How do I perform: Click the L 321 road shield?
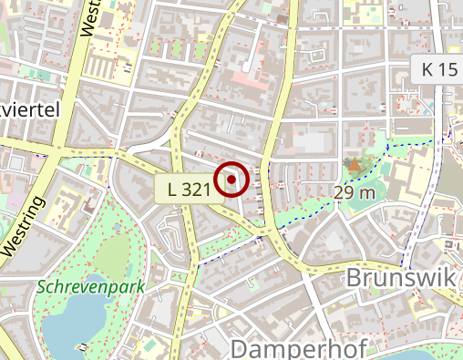190,189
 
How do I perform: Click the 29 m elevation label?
354,192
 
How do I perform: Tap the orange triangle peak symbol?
353,165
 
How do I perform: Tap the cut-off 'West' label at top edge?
89,18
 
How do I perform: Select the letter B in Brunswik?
356,277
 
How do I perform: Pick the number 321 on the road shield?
198,189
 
